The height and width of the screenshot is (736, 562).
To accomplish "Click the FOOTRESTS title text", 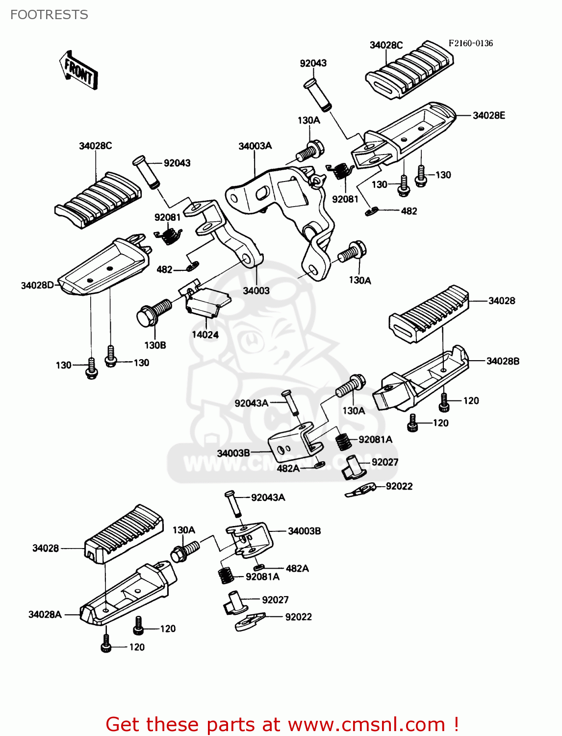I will [x=49, y=15].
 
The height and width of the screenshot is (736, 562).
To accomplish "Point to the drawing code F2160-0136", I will [x=470, y=43].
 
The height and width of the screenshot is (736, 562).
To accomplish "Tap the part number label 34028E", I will [x=488, y=115].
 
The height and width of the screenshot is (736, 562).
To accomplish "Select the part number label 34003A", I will [x=255, y=146].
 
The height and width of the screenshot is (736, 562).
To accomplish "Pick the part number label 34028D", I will [x=37, y=285].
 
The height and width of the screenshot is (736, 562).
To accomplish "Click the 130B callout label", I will [x=155, y=345].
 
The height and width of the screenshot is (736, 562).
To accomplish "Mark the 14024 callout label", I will [x=205, y=335].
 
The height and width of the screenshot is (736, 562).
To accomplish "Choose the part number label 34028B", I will [x=503, y=361].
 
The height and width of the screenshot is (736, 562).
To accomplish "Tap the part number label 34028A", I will [x=45, y=614].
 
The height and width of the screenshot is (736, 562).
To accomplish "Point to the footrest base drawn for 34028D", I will [x=103, y=267].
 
